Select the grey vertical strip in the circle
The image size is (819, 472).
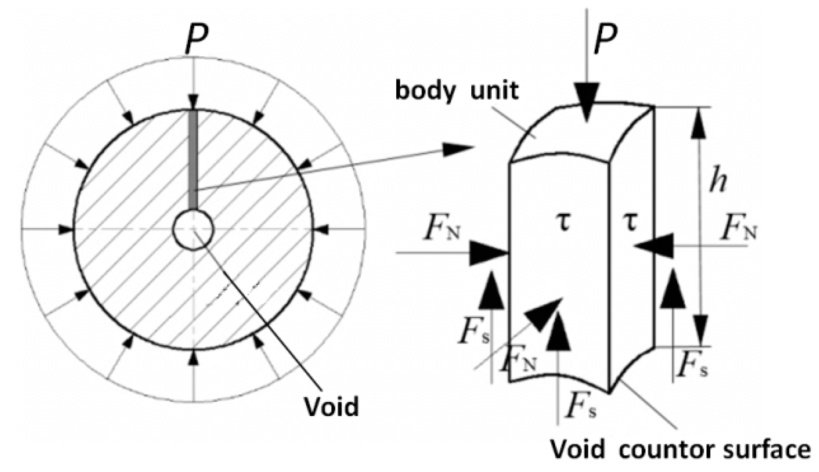(x=193, y=158)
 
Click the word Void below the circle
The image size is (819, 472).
(x=331, y=406)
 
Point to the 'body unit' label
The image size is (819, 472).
(x=456, y=90)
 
